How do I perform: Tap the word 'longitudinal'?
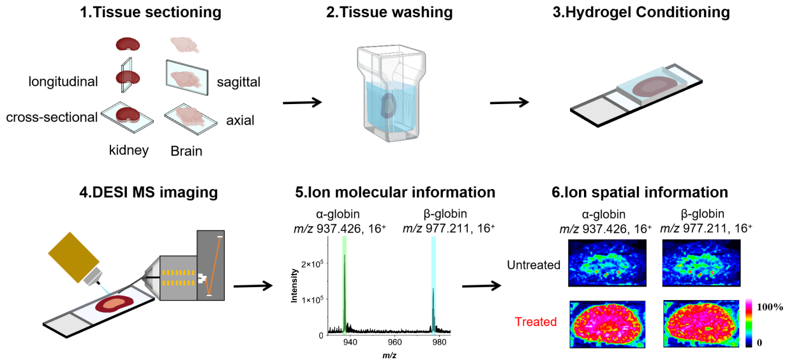pyautogui.click(x=63, y=81)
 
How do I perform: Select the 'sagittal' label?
pyautogui.click(x=239, y=81)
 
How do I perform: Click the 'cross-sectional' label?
pyautogui.click(x=52, y=117)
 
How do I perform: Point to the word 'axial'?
pyautogui.click(x=240, y=120)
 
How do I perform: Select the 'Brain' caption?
pyautogui.click(x=186, y=152)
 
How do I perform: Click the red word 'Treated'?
pyautogui.click(x=535, y=322)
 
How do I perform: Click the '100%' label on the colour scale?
pyautogui.click(x=770, y=307)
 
